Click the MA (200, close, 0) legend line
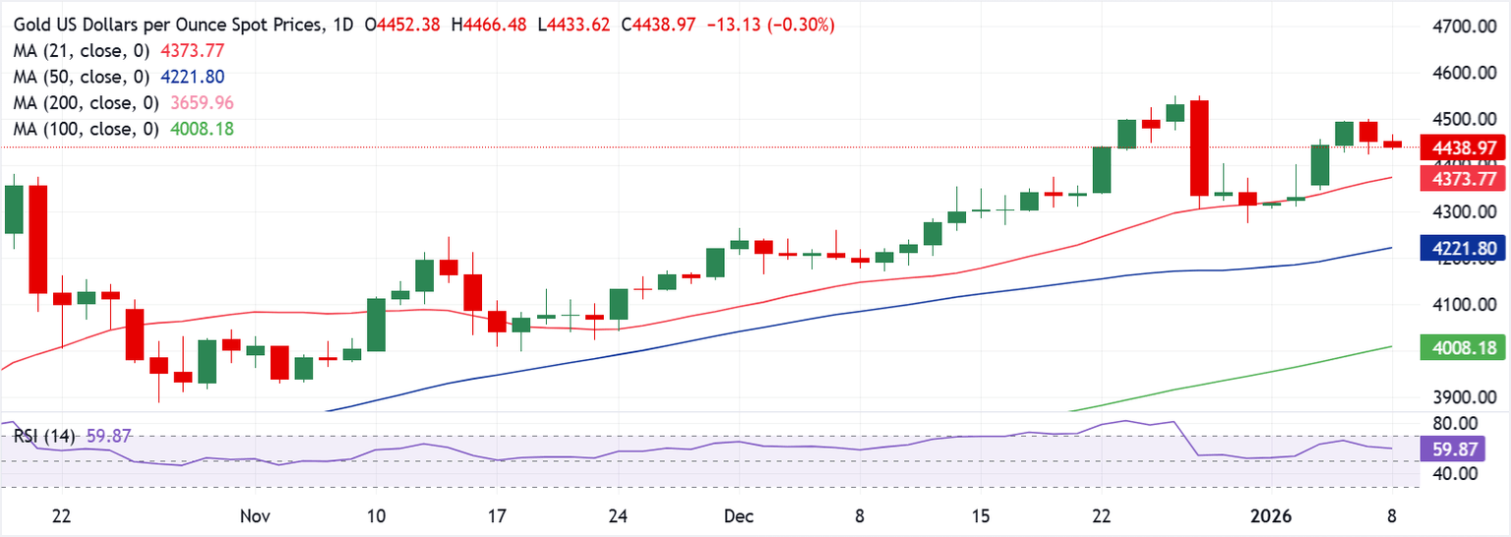pyautogui.click(x=124, y=103)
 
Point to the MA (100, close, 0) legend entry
pyautogui.click(x=124, y=129)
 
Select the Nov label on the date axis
pyautogui.click(x=255, y=516)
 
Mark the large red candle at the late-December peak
pyautogui.click(x=1199, y=148)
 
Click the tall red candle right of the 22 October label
pyautogui.click(x=37, y=238)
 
